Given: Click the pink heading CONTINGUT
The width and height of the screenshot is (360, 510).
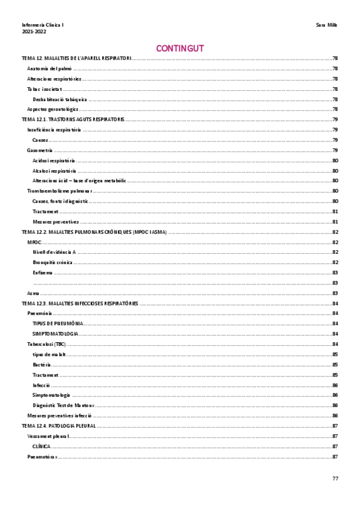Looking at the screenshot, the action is [180, 48].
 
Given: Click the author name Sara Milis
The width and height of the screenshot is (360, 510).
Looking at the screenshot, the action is [327, 25].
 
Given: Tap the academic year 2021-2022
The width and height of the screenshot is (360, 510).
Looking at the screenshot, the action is [34, 31].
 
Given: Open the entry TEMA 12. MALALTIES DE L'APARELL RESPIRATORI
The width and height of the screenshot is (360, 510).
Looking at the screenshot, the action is [76, 59].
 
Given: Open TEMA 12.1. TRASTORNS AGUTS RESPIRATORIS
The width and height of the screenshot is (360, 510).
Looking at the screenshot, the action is [73, 120].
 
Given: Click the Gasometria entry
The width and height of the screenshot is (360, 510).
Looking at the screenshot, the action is [40, 150].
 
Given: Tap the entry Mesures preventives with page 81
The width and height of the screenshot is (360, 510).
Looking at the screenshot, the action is [55, 221].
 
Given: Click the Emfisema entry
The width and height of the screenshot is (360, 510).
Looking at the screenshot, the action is [42, 272].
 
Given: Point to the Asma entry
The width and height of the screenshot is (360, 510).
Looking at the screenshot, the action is [32, 293].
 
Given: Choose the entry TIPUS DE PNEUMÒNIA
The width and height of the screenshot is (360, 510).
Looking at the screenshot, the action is [58, 324].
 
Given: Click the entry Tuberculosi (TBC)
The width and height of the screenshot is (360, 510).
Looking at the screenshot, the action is [46, 344].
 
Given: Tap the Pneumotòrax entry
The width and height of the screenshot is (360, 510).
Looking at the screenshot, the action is [42, 456].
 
